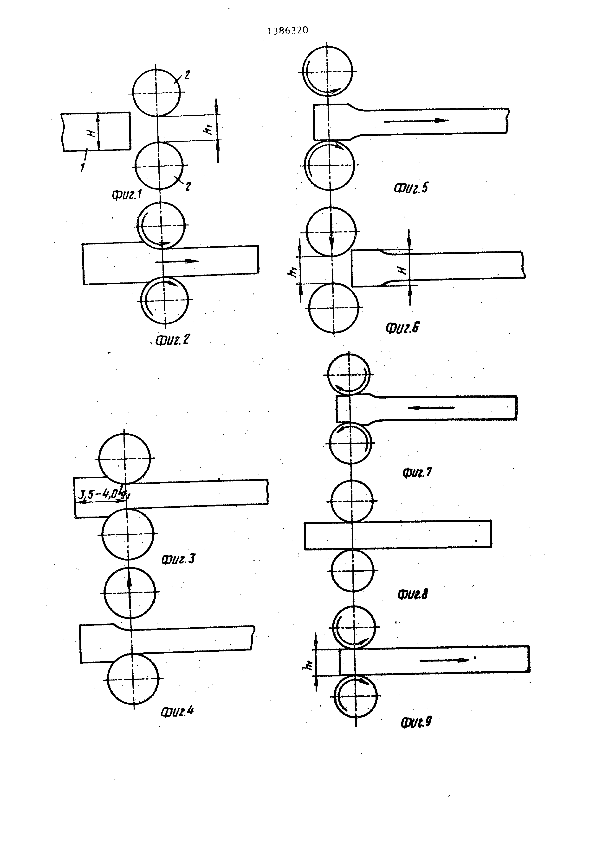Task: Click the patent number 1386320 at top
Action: coord(288,31)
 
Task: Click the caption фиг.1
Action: coord(127,194)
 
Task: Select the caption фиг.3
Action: coord(178,559)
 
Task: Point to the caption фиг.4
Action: coord(177,711)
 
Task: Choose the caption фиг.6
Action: coord(402,327)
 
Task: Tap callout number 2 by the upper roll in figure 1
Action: coord(187,75)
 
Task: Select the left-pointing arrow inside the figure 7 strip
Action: coord(431,407)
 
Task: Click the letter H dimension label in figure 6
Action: coord(403,270)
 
